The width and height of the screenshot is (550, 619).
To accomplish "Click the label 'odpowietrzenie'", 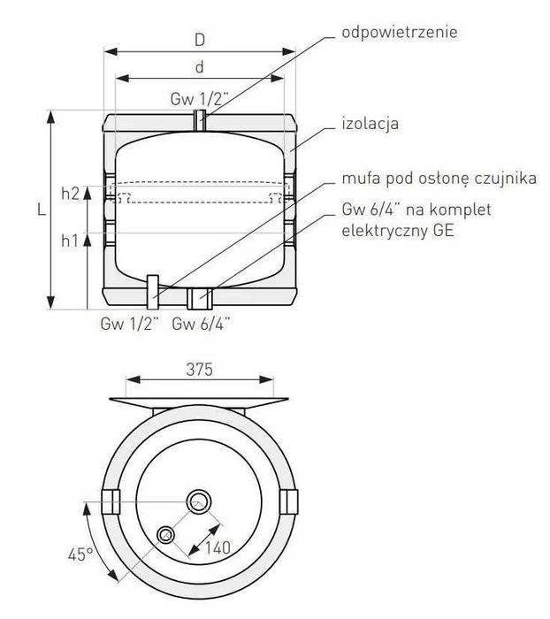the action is [400, 33].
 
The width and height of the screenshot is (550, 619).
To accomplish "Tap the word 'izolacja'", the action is [370, 124].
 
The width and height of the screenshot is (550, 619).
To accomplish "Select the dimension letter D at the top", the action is [200, 40].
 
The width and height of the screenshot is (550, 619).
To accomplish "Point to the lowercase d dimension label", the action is [200, 67].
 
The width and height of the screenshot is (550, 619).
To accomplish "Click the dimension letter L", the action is [42, 210].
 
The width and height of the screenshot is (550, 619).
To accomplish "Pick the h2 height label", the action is [71, 194].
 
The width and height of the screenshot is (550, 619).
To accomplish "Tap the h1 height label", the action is [70, 240].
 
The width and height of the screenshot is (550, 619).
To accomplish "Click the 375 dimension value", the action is [199, 370].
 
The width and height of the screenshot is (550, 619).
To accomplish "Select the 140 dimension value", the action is [218, 547].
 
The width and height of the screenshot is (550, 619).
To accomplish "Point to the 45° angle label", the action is [80, 554].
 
